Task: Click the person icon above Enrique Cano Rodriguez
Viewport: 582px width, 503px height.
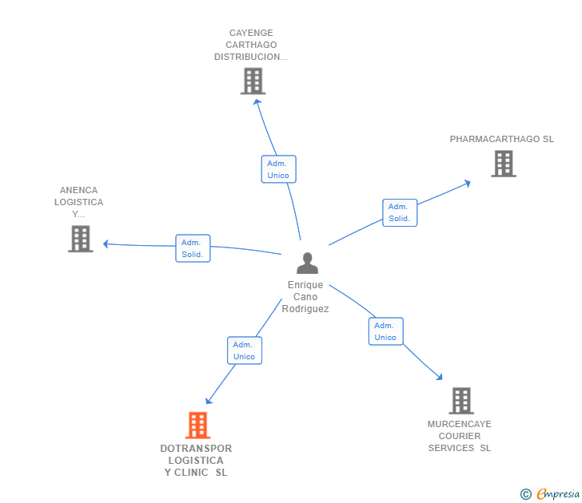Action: coord(307,263)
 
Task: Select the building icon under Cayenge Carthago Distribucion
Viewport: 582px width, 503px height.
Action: coord(253,81)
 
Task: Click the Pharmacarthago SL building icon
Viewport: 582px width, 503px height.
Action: coord(503,164)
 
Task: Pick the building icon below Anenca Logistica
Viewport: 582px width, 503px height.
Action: coord(81,239)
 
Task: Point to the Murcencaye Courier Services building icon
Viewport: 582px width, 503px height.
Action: coord(460,400)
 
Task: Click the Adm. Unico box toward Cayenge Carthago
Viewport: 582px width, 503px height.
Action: coord(278,169)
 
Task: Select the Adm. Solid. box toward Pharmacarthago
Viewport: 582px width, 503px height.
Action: coord(399,212)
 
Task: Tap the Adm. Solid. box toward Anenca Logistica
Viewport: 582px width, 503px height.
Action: coord(193,248)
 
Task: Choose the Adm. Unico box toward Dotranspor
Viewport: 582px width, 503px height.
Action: coord(244,351)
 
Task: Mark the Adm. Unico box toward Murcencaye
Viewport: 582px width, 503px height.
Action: coord(385,331)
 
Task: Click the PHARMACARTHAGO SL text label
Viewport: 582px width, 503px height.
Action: coord(501,139)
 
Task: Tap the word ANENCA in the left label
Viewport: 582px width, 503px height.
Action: coord(78,190)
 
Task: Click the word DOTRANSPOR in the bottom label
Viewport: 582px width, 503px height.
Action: coord(196,449)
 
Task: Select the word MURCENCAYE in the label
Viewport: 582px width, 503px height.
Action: coord(460,424)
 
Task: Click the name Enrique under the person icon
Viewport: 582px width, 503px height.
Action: coord(305,285)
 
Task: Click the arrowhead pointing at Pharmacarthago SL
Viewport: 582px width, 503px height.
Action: coord(467,183)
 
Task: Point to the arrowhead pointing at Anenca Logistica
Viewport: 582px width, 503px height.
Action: coord(106,244)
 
